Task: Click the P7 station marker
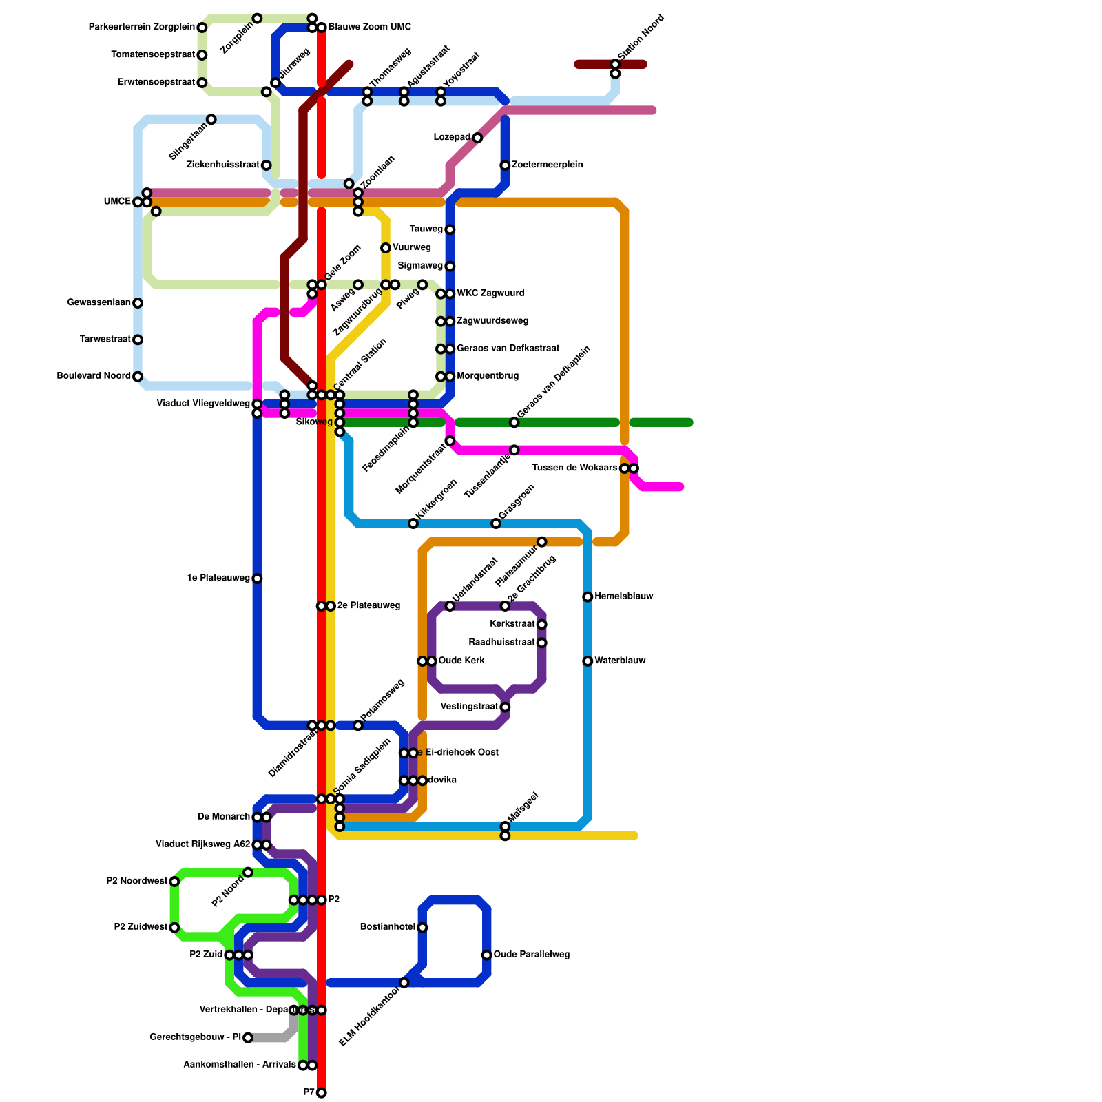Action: coord(321,1093)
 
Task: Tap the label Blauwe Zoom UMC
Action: coord(369,28)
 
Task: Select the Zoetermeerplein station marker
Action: coord(505,165)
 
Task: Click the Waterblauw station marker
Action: coord(588,661)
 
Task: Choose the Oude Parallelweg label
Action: coord(531,955)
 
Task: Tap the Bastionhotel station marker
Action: coord(422,928)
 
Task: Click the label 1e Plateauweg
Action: coord(218,579)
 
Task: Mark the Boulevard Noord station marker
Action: coord(138,377)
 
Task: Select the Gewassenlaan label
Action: coord(98,303)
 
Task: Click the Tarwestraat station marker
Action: coord(138,340)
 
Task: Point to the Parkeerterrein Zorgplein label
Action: coord(141,28)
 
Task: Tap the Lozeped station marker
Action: coord(477,138)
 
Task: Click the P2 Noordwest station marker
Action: coord(174,882)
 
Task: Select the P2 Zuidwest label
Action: coord(141,927)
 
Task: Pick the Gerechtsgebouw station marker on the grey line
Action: coord(248,1038)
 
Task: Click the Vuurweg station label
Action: coord(411,248)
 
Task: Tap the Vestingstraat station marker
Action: coord(505,707)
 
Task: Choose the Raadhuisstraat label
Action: coord(501,643)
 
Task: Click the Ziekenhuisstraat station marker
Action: coord(266,165)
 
